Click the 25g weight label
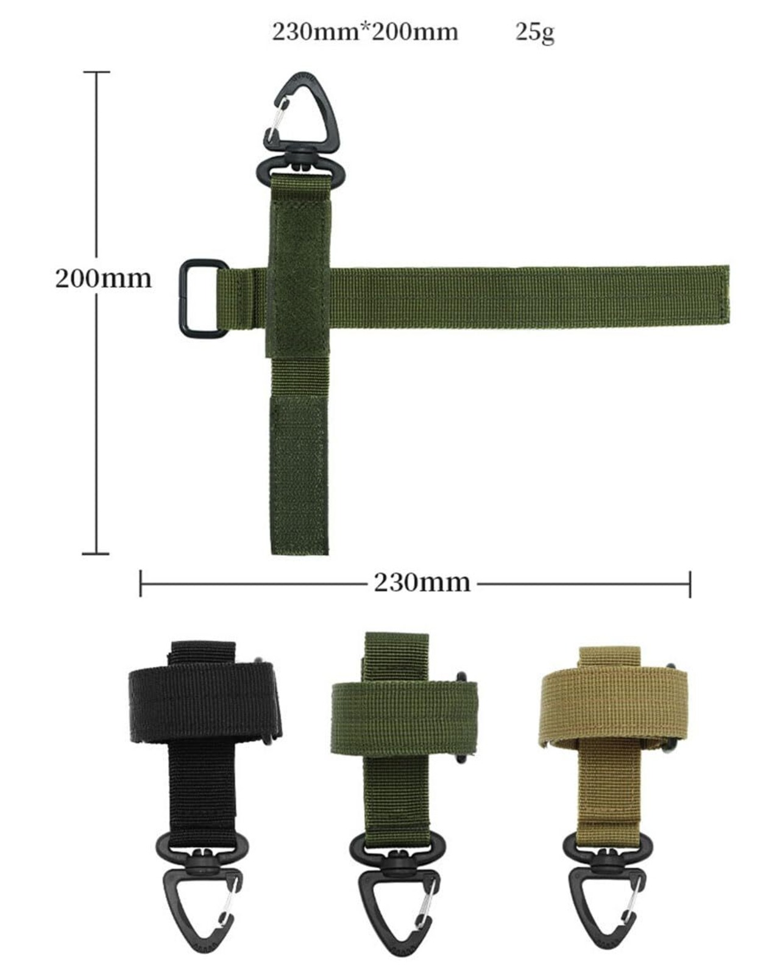point(535,33)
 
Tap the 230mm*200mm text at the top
point(365,32)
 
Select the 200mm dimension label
point(103,278)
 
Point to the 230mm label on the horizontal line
point(422,582)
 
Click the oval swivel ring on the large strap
point(260,174)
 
